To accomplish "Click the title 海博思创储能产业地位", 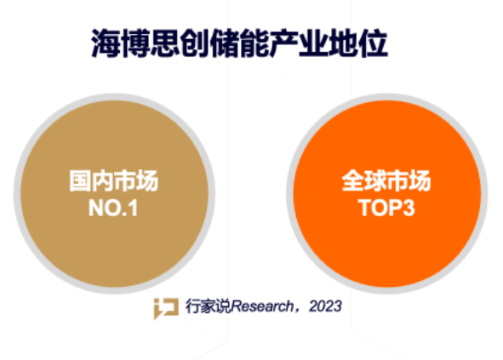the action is [240, 43].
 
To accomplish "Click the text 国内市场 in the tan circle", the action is [114, 181].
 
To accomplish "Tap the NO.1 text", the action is [113, 209].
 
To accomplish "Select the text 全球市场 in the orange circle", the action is [386, 181].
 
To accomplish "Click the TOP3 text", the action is [386, 209].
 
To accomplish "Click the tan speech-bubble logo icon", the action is [166, 308].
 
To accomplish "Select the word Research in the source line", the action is [262, 306].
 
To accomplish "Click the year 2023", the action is [325, 306].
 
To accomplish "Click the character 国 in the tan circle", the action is [80, 181].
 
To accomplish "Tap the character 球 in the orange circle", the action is [375, 181].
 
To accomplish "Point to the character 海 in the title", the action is [106, 43].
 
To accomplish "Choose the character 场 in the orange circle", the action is [420, 181].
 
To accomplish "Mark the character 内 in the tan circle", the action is [103, 181].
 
